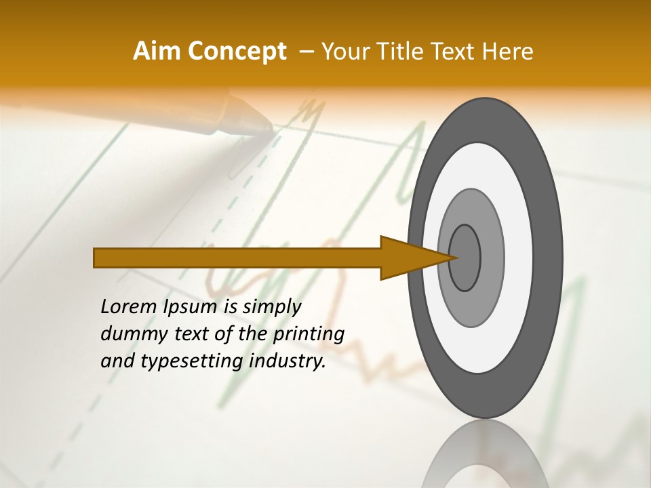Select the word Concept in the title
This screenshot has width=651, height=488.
click(237, 52)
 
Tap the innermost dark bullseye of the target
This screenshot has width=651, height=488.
click(465, 258)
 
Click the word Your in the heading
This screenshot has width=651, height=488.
click(343, 52)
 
